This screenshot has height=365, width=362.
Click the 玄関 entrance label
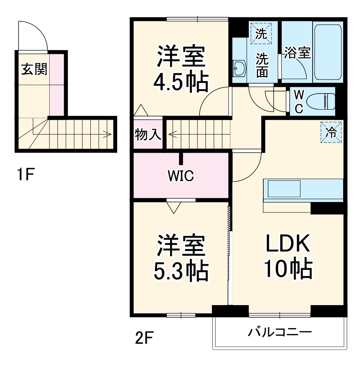pos(34,69)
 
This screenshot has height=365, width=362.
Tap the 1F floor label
pos(25,175)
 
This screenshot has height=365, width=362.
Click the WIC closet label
pos(181,175)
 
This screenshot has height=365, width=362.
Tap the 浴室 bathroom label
pos(297,53)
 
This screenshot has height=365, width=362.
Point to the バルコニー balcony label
pos(279,332)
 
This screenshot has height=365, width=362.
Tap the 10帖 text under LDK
pos(287,268)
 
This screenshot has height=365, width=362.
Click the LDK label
pos(287,244)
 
